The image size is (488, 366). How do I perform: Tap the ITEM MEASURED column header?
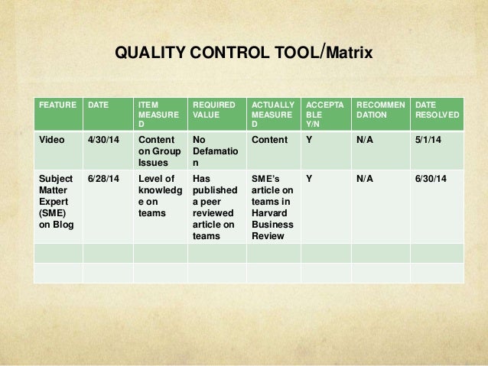[x=158, y=114]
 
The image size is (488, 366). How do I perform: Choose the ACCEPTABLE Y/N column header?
[x=321, y=114]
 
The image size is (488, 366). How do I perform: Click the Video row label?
[x=51, y=140]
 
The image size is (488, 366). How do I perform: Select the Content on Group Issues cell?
[x=158, y=151]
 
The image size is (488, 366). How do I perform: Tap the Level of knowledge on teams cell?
[x=158, y=195]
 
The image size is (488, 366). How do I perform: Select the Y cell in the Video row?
[x=308, y=140]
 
